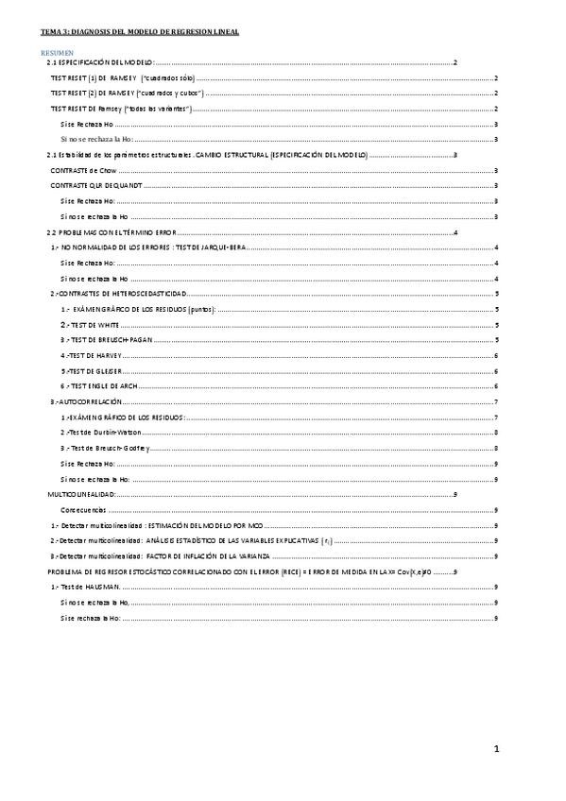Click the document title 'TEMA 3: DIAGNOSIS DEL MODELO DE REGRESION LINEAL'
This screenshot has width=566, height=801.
click(133, 32)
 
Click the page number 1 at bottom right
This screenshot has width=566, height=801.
click(495, 749)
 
